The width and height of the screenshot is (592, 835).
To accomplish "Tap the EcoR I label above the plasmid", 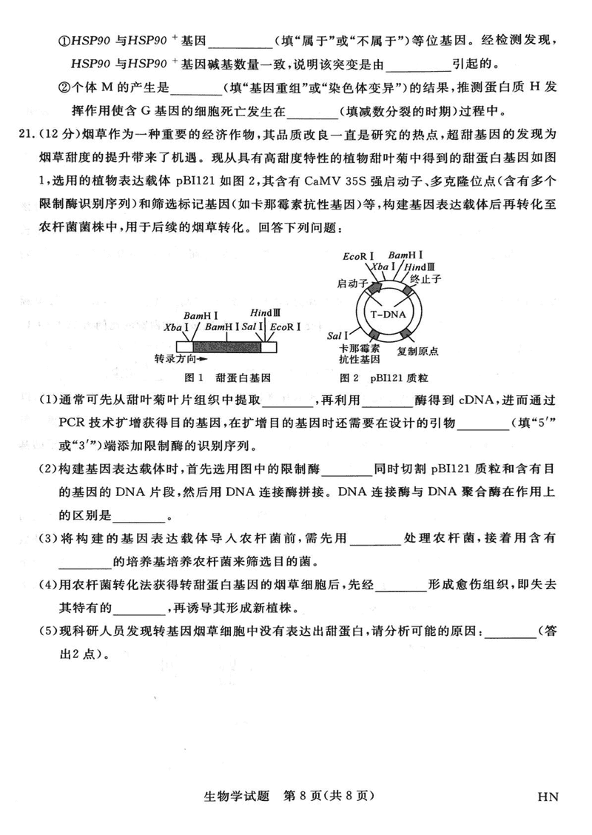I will (x=358, y=256).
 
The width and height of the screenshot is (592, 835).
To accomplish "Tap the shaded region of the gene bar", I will (x=226, y=345).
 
